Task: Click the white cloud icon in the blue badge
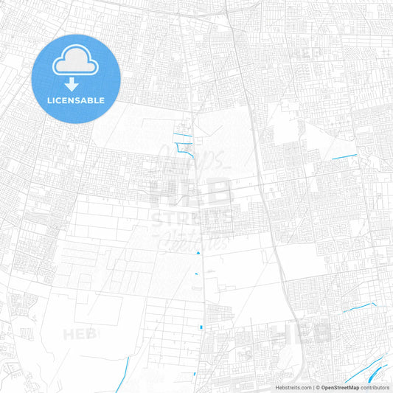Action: click(x=76, y=63)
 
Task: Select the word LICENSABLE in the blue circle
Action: click(x=76, y=100)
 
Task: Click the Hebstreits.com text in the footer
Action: click(x=291, y=386)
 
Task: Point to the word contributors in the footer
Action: click(x=376, y=386)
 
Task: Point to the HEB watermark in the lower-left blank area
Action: click(x=79, y=334)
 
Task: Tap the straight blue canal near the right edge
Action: click(x=344, y=157)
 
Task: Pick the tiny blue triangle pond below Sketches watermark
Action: click(x=198, y=253)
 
